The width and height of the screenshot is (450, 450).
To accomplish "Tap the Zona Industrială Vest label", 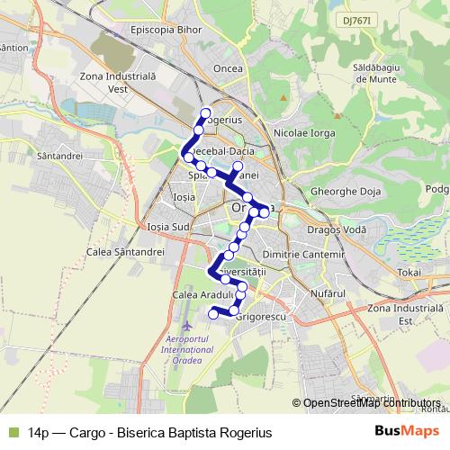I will (119, 83).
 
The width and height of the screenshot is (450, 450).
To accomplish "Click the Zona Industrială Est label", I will (407, 313).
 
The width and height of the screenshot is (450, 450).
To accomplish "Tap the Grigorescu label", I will (259, 318).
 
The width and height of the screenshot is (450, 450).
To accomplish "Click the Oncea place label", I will (229, 68).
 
